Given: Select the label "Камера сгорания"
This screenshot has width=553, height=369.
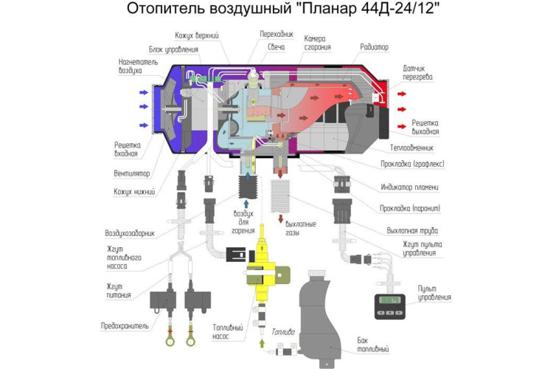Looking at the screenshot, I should (318, 43).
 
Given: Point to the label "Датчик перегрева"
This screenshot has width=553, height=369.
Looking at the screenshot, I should (418, 72).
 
